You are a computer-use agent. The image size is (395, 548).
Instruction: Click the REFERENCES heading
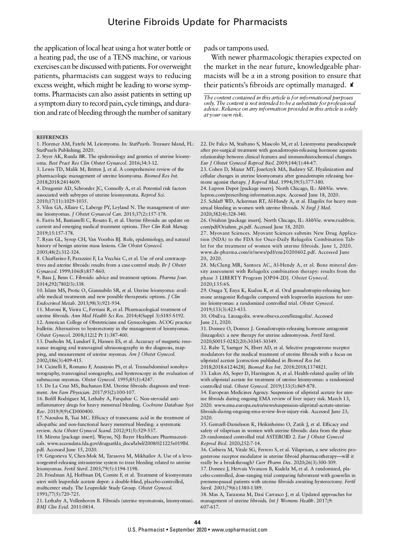[x=52, y=137]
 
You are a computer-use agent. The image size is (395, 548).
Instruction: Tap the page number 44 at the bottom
[x=197, y=522]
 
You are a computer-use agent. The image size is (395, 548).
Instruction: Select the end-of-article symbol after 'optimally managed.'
[x=352, y=85]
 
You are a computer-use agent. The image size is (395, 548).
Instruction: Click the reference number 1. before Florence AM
[x=39, y=144]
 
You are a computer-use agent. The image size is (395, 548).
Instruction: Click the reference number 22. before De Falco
[x=204, y=144]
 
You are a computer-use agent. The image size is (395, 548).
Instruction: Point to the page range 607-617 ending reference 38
[x=210, y=507]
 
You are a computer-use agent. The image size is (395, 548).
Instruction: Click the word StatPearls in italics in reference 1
[x=139, y=144]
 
